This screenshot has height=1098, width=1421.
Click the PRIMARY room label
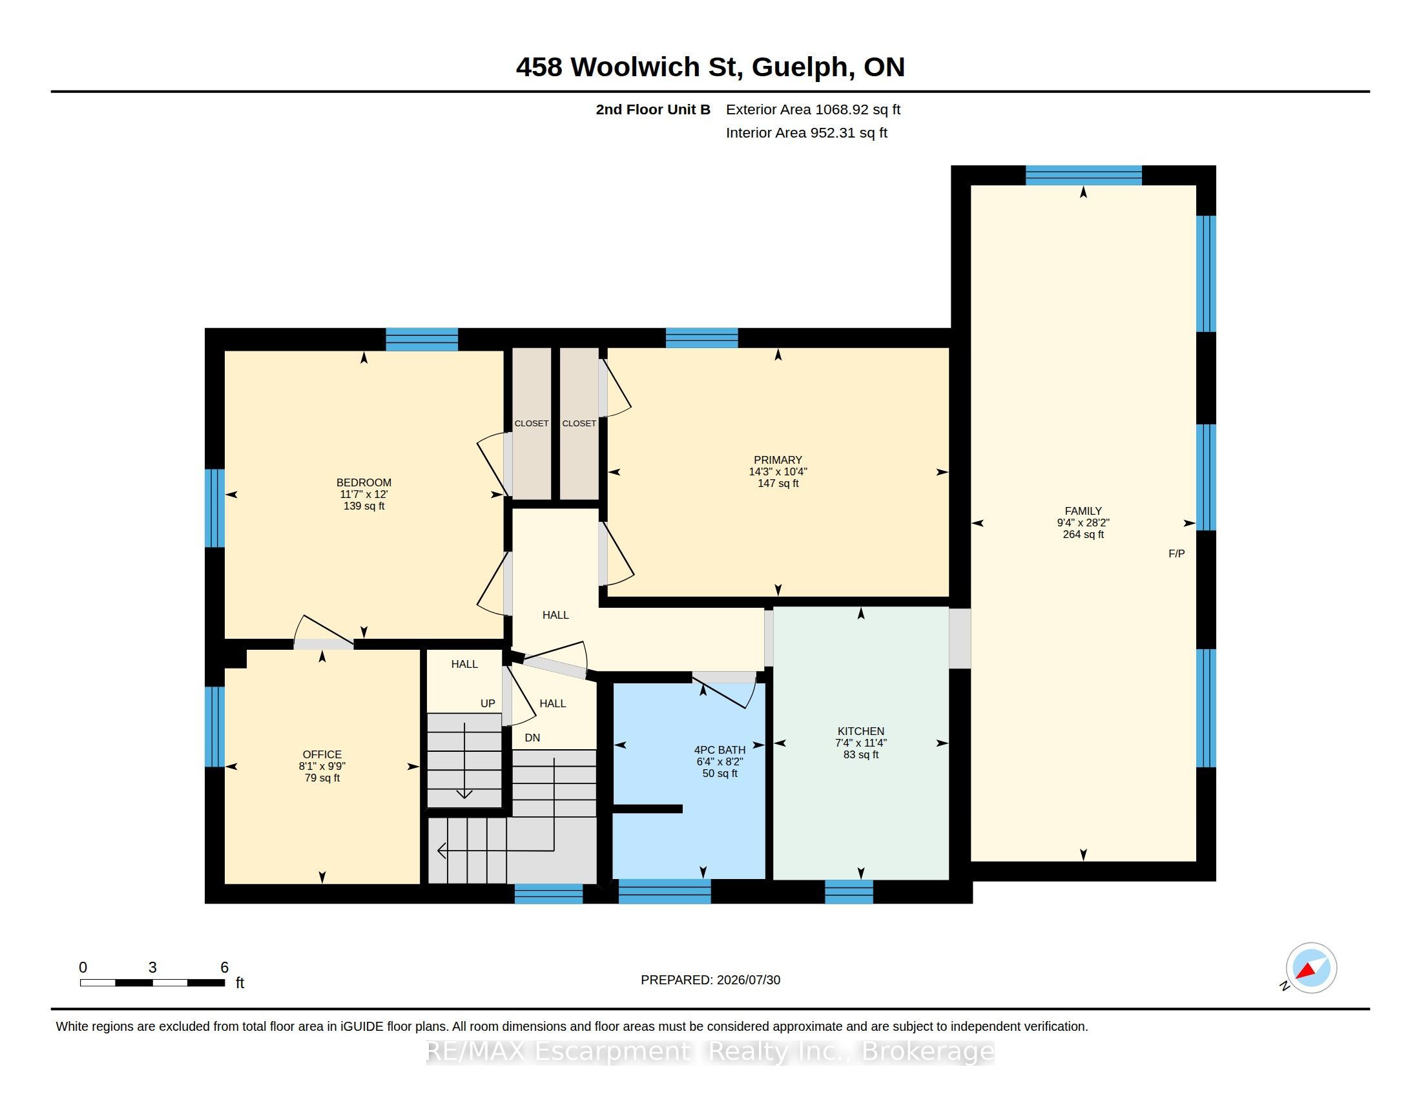(778, 460)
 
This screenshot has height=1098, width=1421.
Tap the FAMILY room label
(1083, 512)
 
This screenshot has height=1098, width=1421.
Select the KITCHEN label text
(861, 731)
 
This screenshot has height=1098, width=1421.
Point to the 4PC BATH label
(720, 750)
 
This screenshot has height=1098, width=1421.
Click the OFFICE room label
(322, 754)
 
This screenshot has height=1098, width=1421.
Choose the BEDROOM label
(364, 482)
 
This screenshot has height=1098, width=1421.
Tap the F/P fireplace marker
(1176, 554)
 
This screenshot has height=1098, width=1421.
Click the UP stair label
(488, 703)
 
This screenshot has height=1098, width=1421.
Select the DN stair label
(532, 738)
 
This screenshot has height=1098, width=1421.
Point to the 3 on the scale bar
(152, 968)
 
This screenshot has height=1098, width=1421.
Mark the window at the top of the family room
(1083, 176)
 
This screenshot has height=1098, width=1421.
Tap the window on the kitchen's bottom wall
(849, 891)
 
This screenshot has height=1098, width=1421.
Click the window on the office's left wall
(214, 727)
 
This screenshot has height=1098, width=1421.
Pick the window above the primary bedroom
(701, 338)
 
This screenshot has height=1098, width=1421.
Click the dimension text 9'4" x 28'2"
(1083, 523)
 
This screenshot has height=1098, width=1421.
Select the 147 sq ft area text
(778, 483)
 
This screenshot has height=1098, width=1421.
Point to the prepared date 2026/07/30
(748, 980)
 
